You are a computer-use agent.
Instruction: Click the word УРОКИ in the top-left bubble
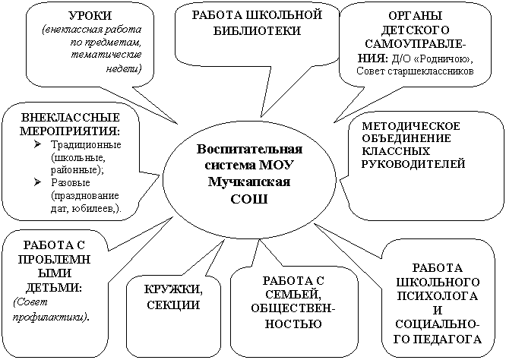tap(90, 15)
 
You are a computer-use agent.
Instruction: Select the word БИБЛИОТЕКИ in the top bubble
tap(258, 30)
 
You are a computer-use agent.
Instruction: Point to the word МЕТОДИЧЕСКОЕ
tap(411, 126)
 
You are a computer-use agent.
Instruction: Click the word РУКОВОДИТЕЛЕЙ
tap(413, 163)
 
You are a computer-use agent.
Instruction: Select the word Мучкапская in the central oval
tap(249, 182)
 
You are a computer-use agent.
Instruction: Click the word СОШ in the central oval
tap(249, 199)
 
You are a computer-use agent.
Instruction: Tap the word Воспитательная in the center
tap(249, 149)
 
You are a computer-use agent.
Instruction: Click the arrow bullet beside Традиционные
tap(37, 144)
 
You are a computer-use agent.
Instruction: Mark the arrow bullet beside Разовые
tap(37, 182)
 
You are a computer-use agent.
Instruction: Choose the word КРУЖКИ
tap(173, 289)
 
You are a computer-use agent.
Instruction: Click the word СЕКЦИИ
tap(173, 305)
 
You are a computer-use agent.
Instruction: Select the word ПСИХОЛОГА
tap(438, 295)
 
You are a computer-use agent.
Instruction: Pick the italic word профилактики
tap(50, 317)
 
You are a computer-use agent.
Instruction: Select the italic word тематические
tap(106, 55)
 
